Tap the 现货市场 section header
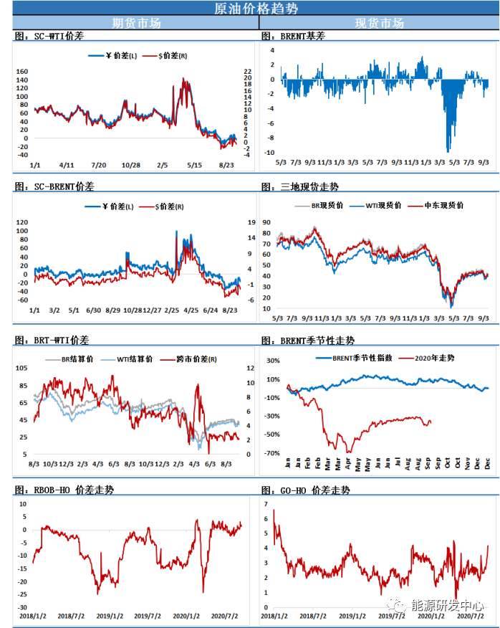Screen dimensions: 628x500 [379, 23]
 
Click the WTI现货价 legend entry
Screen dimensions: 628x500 [383, 206]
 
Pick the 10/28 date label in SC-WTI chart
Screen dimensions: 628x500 [130, 165]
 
